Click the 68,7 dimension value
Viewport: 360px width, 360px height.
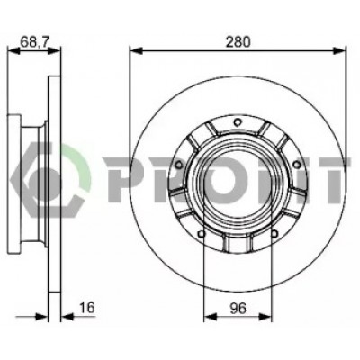(x=34, y=42)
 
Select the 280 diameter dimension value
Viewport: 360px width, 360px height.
(x=238, y=42)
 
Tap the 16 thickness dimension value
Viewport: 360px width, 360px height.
(x=87, y=308)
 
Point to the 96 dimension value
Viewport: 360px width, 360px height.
(x=238, y=309)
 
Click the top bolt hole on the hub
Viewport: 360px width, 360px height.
(x=238, y=122)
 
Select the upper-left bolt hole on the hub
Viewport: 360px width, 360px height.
(x=179, y=165)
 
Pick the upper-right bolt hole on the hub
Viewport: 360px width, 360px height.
(x=296, y=164)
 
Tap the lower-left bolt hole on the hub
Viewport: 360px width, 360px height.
(x=202, y=233)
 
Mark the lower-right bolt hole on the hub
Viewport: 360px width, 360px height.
(x=274, y=233)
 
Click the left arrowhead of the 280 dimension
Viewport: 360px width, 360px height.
(x=137, y=50)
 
